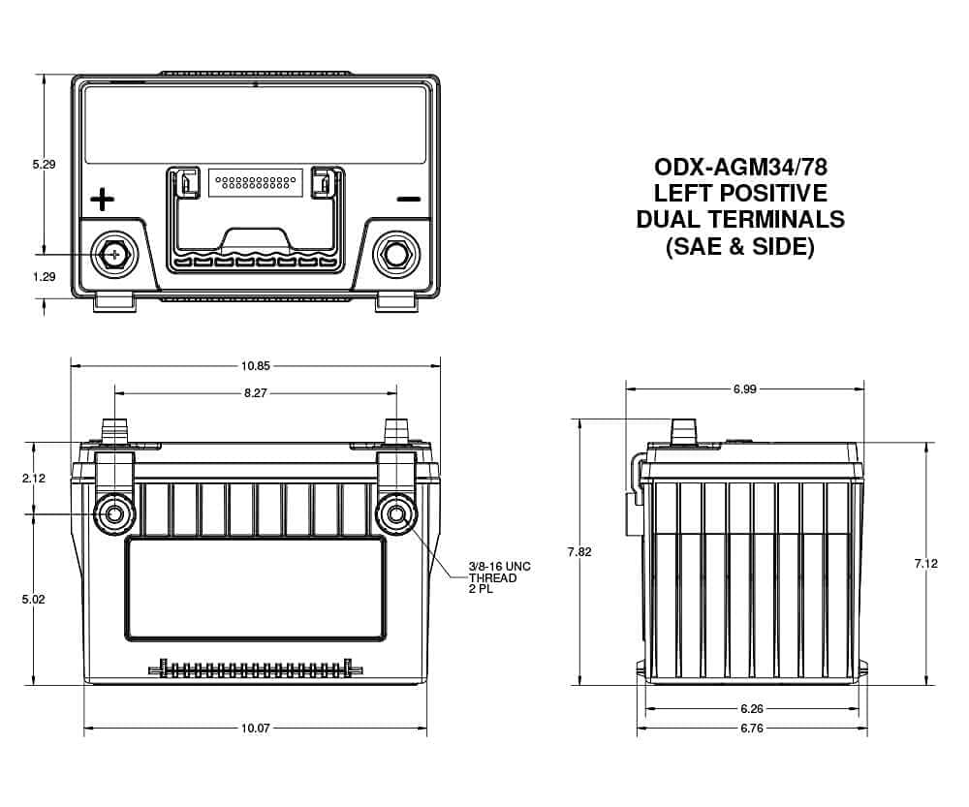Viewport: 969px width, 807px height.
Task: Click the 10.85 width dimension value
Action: pyautogui.click(x=256, y=366)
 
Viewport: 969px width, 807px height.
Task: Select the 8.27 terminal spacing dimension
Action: pyautogui.click(x=256, y=392)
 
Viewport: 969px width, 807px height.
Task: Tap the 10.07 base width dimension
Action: pyautogui.click(x=256, y=729)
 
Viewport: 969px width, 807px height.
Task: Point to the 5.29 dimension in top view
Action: pyautogui.click(x=44, y=165)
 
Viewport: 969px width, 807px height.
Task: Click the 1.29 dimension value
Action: pyautogui.click(x=44, y=277)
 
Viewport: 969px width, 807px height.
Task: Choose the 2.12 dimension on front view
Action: pyautogui.click(x=33, y=479)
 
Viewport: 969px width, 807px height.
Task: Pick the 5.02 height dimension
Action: pyautogui.click(x=33, y=600)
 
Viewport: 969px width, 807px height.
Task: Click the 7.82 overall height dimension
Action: pyautogui.click(x=580, y=552)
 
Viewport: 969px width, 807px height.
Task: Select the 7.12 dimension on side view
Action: pyautogui.click(x=926, y=563)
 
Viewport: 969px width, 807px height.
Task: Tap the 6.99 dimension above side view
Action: pyautogui.click(x=744, y=388)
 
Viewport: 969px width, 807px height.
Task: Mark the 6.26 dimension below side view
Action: pyautogui.click(x=752, y=709)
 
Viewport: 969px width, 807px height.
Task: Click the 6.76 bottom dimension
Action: pyautogui.click(x=752, y=729)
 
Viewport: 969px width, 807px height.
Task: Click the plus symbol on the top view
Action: pyautogui.click(x=102, y=201)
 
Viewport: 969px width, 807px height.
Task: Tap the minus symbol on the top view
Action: pyautogui.click(x=409, y=200)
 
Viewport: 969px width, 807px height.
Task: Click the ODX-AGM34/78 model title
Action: pyautogui.click(x=740, y=166)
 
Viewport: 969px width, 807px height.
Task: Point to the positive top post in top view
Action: pyautogui.click(x=113, y=254)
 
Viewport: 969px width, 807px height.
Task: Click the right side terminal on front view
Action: pyautogui.click(x=397, y=512)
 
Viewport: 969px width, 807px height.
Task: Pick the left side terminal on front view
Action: pyautogui.click(x=114, y=512)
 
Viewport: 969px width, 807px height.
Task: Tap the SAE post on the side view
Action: pyautogui.click(x=685, y=431)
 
